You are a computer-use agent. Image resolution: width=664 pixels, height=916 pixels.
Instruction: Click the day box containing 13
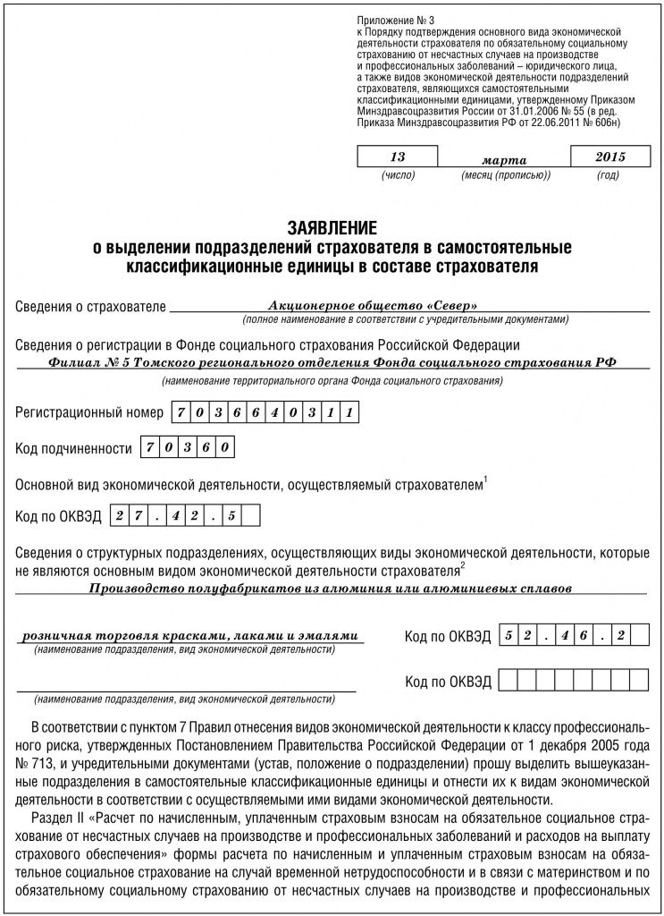(398, 157)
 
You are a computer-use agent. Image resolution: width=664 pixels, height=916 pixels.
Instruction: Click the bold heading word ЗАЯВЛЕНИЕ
(332, 227)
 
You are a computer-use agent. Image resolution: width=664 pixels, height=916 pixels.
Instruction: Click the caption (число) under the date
(398, 175)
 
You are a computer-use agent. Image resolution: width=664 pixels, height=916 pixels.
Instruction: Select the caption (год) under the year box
(608, 175)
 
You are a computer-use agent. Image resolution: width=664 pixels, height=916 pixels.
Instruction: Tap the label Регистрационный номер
(90, 413)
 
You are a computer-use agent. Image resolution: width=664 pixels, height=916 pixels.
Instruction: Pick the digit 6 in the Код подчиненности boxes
(211, 447)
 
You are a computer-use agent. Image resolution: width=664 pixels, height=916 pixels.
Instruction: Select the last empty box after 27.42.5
(251, 516)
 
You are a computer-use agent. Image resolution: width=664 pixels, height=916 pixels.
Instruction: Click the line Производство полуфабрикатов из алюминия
(332, 589)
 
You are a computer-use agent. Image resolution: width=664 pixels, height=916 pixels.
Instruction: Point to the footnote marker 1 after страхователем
(485, 481)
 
